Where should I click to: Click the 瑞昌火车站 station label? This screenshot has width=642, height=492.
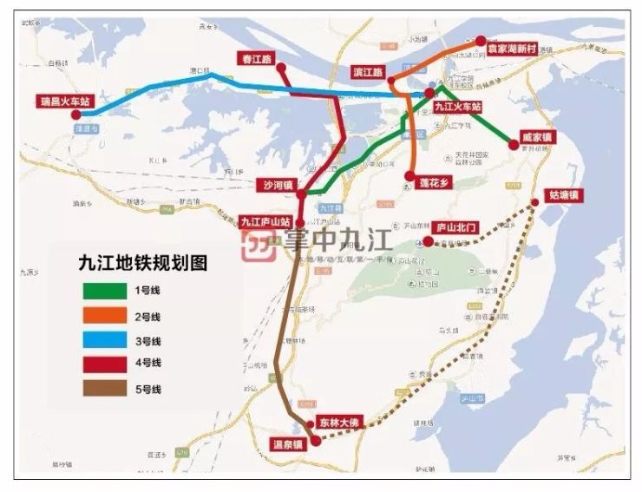62,102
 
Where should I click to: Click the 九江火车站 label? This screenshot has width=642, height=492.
457,106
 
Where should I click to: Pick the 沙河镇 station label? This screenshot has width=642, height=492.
277,185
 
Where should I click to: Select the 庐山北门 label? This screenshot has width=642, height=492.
455,226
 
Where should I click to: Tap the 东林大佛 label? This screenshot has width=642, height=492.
337,422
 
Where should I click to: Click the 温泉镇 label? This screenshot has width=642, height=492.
288,443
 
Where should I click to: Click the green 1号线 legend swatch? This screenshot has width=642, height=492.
101,290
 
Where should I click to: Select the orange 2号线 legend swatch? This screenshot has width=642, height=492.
101,315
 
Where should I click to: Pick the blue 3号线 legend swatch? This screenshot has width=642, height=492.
101,339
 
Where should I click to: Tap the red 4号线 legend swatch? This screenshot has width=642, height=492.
101,364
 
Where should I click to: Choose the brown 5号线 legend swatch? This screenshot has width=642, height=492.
101,389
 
